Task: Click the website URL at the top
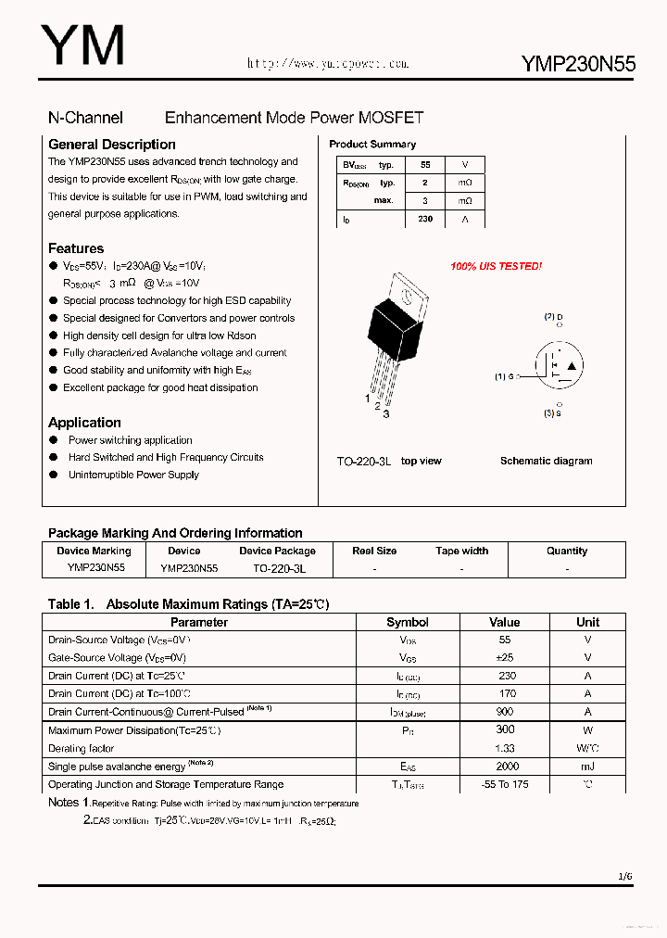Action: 327,64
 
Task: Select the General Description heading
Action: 111,145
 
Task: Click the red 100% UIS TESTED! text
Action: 496,267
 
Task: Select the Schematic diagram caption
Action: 546,461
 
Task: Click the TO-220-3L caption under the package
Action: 364,461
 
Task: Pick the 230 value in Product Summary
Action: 425,219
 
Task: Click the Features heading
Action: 76,248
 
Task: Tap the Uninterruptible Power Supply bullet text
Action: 133,475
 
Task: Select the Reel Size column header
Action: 374,551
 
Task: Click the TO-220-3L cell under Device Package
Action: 279,568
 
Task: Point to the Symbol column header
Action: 408,622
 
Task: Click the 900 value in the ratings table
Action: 505,712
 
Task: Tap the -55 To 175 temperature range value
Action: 505,784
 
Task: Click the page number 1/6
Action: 625,876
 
